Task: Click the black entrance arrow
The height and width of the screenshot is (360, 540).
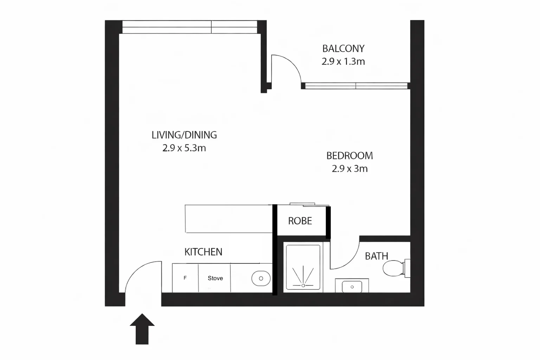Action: [142, 329]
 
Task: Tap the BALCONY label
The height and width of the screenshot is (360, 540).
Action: [343, 49]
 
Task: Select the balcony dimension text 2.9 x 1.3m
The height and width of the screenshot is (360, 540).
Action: [343, 62]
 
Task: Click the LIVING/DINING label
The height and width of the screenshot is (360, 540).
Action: [184, 135]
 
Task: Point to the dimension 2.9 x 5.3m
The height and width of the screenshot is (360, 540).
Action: [184, 148]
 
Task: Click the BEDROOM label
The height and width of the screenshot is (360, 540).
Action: [349, 156]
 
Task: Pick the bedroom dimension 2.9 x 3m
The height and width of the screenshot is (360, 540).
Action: [349, 169]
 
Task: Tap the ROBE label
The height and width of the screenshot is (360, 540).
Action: [300, 221]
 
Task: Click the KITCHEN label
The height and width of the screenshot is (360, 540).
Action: [203, 252]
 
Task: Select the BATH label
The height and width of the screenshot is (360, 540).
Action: [377, 256]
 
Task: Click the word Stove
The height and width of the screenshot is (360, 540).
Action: [215, 278]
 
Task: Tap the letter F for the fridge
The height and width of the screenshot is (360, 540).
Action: [185, 278]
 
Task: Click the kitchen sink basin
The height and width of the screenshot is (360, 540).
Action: [261, 278]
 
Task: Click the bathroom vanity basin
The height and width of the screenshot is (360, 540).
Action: [352, 287]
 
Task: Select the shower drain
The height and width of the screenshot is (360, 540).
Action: [303, 285]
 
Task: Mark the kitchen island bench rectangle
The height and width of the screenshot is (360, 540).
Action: [229, 219]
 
